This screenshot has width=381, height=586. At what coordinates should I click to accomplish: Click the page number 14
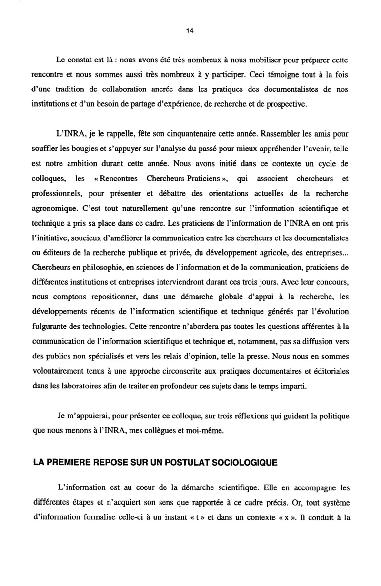coord(190,31)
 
